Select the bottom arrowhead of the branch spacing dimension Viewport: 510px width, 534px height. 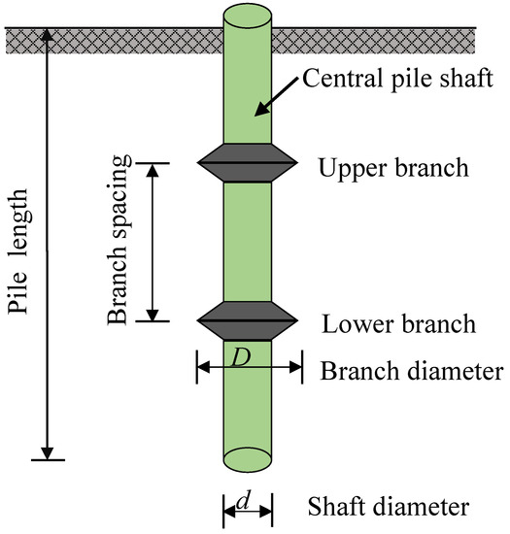(x=151, y=315)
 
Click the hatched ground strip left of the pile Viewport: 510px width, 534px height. (x=107, y=40)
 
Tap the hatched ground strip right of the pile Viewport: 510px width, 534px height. (x=389, y=40)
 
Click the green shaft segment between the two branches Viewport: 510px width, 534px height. (x=247, y=243)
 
